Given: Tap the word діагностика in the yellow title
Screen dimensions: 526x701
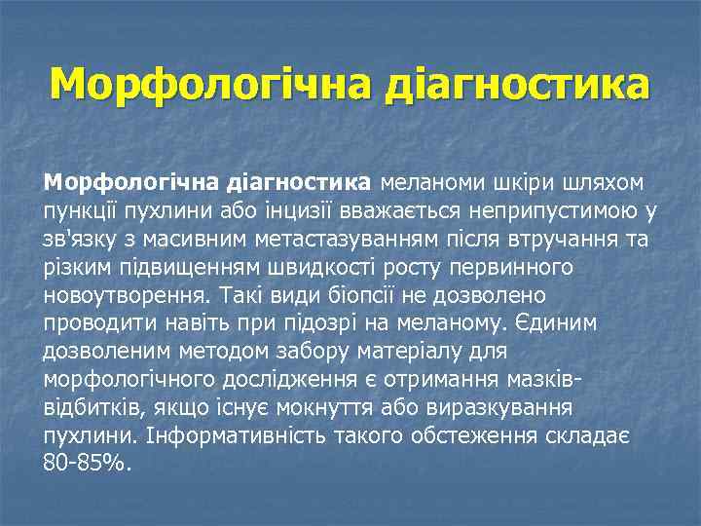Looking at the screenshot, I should pyautogui.click(x=512, y=85).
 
